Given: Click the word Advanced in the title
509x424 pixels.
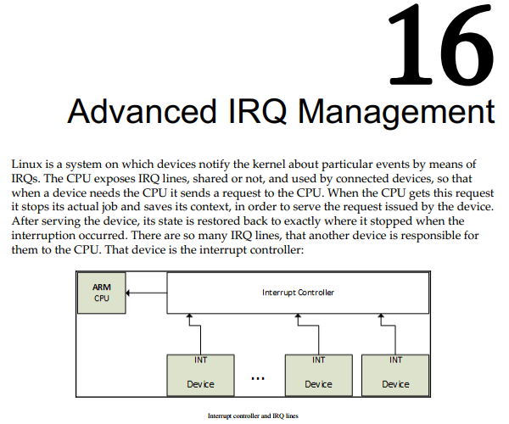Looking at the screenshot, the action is coord(142,111).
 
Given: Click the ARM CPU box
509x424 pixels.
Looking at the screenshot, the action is coord(102,293).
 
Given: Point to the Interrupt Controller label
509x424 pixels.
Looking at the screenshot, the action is coord(298,293).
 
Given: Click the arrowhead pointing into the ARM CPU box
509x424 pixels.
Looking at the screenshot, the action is coord(127,293).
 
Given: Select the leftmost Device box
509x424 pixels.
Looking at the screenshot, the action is coord(200,375).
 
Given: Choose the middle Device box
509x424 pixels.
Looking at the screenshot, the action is coord(318,375).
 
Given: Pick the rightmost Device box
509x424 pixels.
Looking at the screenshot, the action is coord(395,375).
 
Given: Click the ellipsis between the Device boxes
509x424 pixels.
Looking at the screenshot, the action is coord(258,378).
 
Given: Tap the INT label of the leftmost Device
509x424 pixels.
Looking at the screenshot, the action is coord(200,360).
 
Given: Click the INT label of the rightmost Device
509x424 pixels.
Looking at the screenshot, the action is coord(395,360).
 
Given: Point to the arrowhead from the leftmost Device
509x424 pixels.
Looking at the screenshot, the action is coord(189,315).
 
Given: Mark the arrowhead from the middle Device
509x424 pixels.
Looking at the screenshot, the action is coord(298,315).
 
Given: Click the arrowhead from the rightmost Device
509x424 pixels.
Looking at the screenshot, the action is coord(381,315).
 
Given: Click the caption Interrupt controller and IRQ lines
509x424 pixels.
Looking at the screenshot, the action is coord(253,416).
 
